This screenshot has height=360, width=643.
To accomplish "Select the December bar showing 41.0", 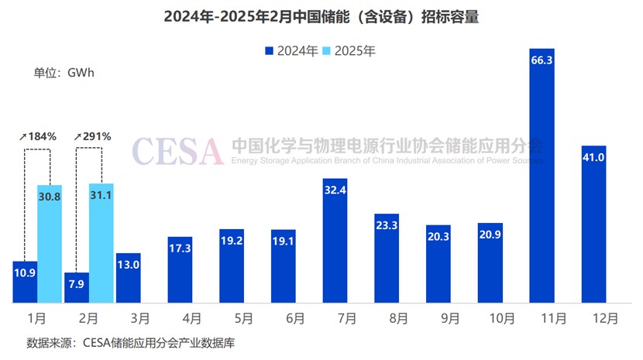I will click(593, 225).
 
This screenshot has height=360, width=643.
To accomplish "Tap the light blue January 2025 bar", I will click(50, 244).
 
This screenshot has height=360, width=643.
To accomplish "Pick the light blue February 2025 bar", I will click(101, 243).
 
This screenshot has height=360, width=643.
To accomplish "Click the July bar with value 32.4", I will click(335, 241).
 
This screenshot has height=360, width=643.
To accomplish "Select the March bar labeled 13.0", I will click(128, 278).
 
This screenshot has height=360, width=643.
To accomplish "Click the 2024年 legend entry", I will click(292, 51).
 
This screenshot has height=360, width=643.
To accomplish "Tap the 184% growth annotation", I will click(38, 136).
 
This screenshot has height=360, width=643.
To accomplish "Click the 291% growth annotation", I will click(93, 136).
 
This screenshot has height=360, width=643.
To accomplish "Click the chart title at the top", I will click(321, 17).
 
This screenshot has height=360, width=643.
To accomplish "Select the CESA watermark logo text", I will click(177, 150).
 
